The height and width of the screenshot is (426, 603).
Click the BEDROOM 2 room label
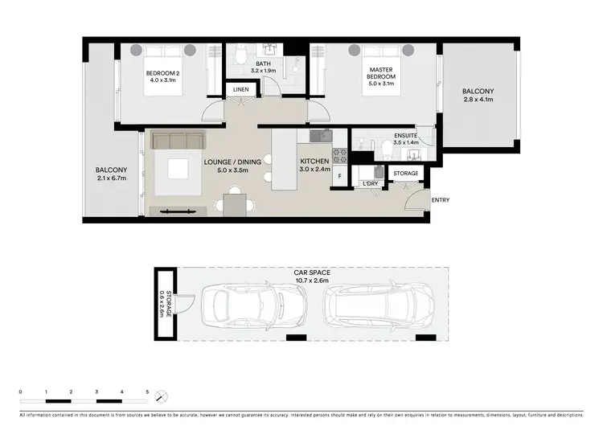coord(162,74)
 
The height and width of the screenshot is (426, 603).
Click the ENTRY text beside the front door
coord(440,200)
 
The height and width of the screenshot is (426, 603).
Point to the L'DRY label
coord(370,184)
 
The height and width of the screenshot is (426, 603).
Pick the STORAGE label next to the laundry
coord(406,173)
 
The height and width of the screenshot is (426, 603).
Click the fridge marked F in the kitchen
coord(340,176)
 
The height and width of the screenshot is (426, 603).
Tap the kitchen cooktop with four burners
coord(340,156)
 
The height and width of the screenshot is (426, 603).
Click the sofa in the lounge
coord(176,140)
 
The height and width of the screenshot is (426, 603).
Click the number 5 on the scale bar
coord(147,391)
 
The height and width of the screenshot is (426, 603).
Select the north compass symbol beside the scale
coord(162,395)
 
